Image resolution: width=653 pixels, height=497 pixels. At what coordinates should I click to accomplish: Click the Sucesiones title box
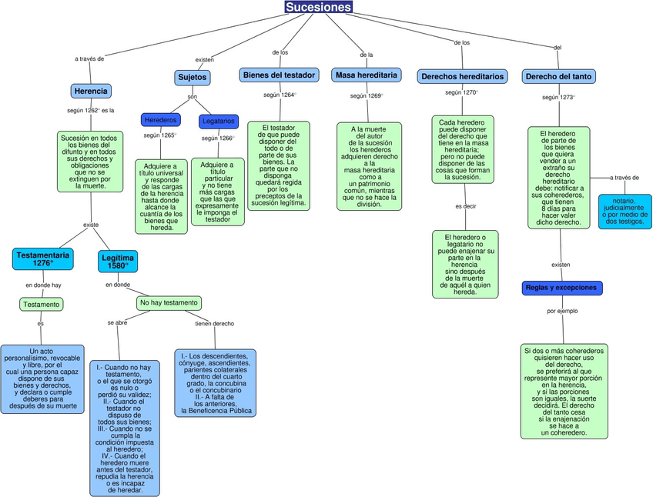[x=318, y=8]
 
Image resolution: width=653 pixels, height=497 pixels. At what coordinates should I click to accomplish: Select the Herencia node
[x=91, y=91]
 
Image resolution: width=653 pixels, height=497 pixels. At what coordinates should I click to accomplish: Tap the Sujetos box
[x=192, y=78]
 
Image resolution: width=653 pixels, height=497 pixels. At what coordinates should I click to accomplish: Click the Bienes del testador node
[x=279, y=75]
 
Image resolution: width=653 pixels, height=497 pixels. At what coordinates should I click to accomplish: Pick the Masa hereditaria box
[x=367, y=75]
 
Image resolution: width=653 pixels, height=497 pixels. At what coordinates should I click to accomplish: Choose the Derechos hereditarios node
[x=462, y=76]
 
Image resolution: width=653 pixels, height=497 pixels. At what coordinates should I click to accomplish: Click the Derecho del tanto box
[x=558, y=76]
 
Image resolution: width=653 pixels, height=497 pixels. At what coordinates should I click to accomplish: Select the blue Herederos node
[x=161, y=120]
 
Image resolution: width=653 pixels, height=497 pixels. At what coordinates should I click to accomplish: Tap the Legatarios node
[x=219, y=122]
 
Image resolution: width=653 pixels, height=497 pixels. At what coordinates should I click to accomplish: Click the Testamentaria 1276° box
[x=43, y=259]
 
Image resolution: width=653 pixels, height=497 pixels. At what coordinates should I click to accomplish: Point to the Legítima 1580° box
[x=118, y=262]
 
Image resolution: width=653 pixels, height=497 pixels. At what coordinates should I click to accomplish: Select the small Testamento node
[x=41, y=304]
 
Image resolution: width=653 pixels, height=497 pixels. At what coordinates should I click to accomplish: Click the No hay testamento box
[x=169, y=303]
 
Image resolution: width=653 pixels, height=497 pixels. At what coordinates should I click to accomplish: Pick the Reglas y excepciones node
[x=561, y=288]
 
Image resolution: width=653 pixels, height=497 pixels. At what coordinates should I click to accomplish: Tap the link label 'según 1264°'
[x=280, y=95]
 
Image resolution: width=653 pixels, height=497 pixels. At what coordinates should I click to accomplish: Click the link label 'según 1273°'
[x=558, y=98]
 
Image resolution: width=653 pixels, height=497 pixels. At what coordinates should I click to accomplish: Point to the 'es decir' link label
[x=465, y=206]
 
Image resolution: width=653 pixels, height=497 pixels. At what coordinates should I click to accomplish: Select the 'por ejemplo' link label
[x=562, y=312]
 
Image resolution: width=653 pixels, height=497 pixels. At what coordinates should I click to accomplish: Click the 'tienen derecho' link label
[x=214, y=323]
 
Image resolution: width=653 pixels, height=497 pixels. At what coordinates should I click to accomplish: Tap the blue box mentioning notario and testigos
[x=625, y=211]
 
